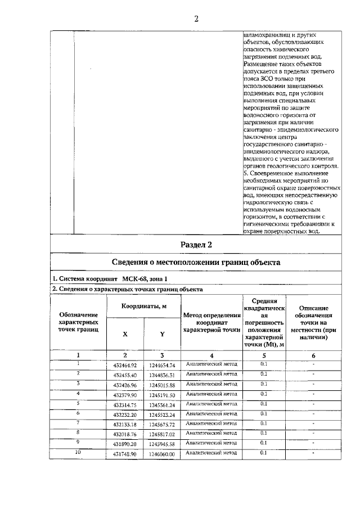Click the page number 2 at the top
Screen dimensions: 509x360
196,19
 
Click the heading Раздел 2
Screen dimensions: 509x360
196,245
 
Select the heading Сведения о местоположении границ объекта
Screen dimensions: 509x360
196,263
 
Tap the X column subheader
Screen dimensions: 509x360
125,334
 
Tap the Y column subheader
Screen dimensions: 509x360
162,334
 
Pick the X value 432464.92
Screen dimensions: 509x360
125,365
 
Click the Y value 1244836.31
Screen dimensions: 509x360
162,375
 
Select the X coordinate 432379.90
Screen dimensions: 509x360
125,394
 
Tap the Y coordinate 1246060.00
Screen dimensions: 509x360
162,453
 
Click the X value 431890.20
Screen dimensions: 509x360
125,443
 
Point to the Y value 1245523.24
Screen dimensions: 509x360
162,414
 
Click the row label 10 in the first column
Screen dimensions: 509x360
78,452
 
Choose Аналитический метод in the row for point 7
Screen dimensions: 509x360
211,423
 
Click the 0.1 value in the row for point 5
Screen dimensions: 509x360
264,403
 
